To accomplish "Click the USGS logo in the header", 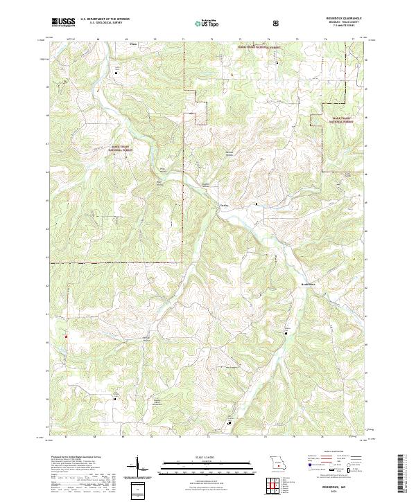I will (63, 22).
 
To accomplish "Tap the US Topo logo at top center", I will (201, 23).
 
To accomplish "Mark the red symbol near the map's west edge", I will (67, 337).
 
